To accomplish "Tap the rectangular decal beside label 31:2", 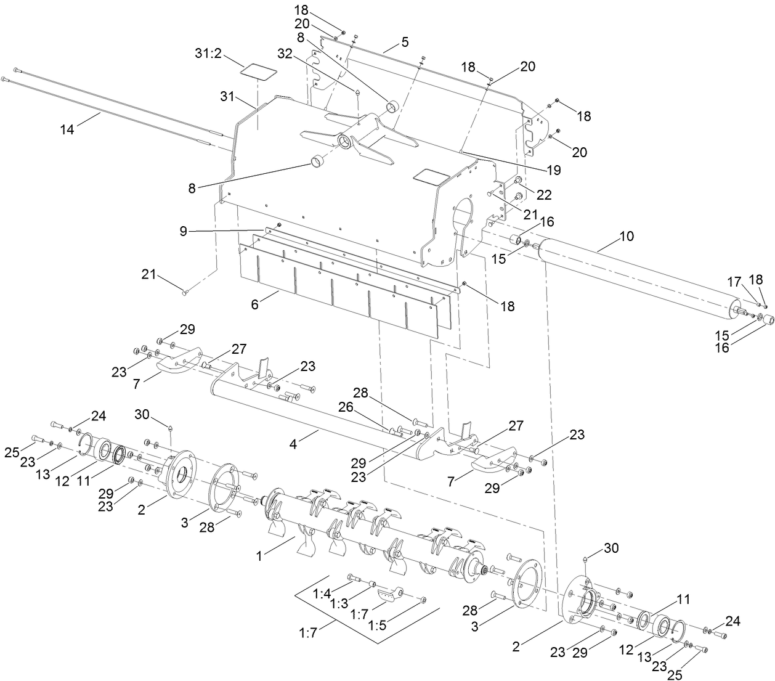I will click(x=256, y=70).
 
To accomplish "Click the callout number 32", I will click(x=285, y=54).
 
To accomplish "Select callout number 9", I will click(x=183, y=231).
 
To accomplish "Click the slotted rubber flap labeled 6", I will click(x=345, y=287).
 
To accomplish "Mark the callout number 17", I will click(x=733, y=281).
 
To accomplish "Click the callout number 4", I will click(x=294, y=443).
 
